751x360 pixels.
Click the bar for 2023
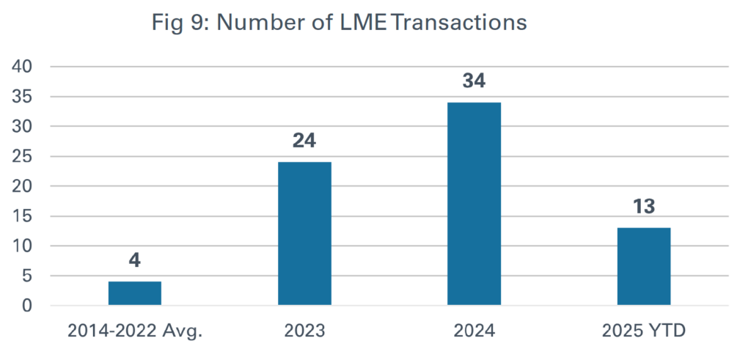point(304,233)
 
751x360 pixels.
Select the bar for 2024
point(474,203)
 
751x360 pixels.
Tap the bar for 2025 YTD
point(643,266)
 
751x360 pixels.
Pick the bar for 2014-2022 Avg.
point(135,293)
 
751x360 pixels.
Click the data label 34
point(474,81)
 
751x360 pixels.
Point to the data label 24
point(304,141)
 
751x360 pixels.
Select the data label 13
point(643,207)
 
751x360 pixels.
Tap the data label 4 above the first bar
point(135,261)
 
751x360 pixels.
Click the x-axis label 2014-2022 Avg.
point(135,331)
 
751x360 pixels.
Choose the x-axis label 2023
point(304,331)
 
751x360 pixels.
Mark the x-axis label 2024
point(474,331)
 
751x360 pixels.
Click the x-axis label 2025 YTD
point(643,331)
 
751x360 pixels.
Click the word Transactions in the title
point(458,23)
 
